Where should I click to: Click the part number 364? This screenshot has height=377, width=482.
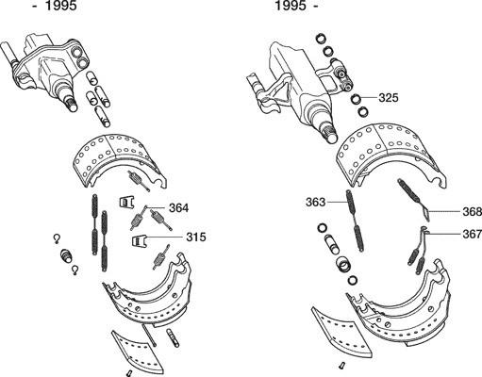(x=178, y=208)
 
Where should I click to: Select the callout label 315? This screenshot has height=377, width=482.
(x=196, y=237)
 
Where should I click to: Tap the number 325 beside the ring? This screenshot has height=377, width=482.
(x=389, y=98)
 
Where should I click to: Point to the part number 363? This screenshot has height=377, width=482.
(x=315, y=202)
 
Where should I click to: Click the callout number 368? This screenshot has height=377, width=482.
(x=472, y=212)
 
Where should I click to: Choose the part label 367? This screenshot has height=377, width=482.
(x=472, y=234)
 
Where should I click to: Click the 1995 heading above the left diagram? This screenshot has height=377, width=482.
(x=61, y=6)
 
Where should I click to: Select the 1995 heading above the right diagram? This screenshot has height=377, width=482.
(x=291, y=6)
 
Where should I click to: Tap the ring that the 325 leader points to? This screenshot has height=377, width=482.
(x=357, y=99)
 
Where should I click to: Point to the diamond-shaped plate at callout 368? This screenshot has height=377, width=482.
(x=425, y=213)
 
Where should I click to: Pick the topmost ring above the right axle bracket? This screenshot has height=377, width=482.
(x=320, y=39)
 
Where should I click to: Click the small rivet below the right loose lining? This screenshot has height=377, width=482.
(x=341, y=366)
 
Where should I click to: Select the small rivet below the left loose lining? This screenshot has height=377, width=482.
(x=128, y=373)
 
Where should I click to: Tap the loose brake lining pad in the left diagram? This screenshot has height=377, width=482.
(x=138, y=350)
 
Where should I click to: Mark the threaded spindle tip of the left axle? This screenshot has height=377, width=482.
(x=72, y=104)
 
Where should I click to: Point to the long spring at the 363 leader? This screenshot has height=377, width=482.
(x=356, y=221)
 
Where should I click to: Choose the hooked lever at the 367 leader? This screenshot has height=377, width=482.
(x=423, y=237)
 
